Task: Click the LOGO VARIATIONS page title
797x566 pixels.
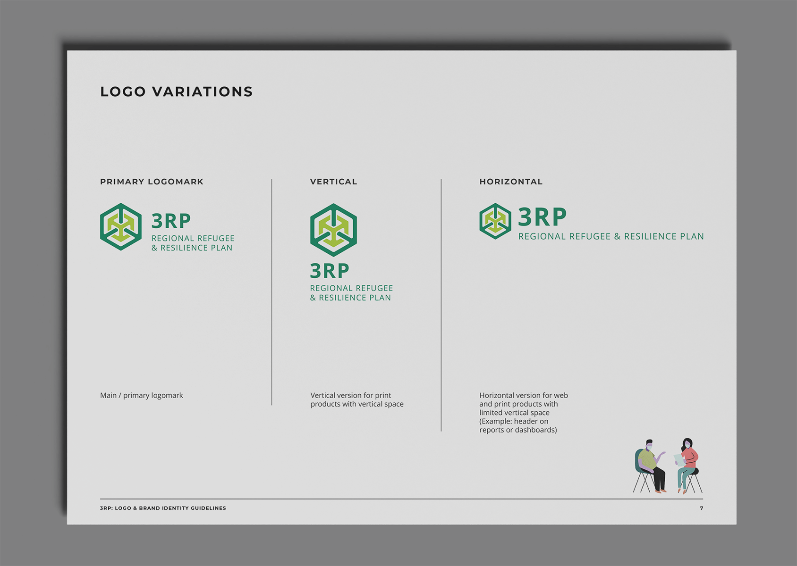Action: pyautogui.click(x=177, y=92)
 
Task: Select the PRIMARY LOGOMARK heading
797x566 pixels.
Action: pyautogui.click(x=152, y=182)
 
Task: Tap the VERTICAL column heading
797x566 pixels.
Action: pyautogui.click(x=333, y=182)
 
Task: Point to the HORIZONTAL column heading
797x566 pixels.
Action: pyautogui.click(x=511, y=182)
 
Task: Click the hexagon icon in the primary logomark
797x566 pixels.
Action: pyautogui.click(x=121, y=227)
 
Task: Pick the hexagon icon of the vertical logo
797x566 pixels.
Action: pyautogui.click(x=333, y=230)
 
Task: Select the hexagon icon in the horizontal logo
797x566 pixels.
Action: pyautogui.click(x=495, y=221)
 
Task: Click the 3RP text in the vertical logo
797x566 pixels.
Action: pyautogui.click(x=330, y=271)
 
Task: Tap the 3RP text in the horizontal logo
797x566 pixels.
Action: pyautogui.click(x=542, y=217)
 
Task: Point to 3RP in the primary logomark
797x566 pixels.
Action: pyautogui.click(x=171, y=221)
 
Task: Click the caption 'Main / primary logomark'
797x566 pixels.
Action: pyautogui.click(x=141, y=395)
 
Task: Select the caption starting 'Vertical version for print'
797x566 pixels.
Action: pyautogui.click(x=357, y=400)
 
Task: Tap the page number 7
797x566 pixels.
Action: pyautogui.click(x=701, y=508)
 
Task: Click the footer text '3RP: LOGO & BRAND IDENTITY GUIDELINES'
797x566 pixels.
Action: pyautogui.click(x=163, y=508)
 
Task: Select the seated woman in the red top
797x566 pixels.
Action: pyautogui.click(x=688, y=466)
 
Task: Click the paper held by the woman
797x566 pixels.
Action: pyautogui.click(x=679, y=460)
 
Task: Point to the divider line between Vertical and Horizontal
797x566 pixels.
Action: pyautogui.click(x=441, y=305)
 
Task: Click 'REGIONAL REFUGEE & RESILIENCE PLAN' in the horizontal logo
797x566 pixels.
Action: pyautogui.click(x=611, y=236)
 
